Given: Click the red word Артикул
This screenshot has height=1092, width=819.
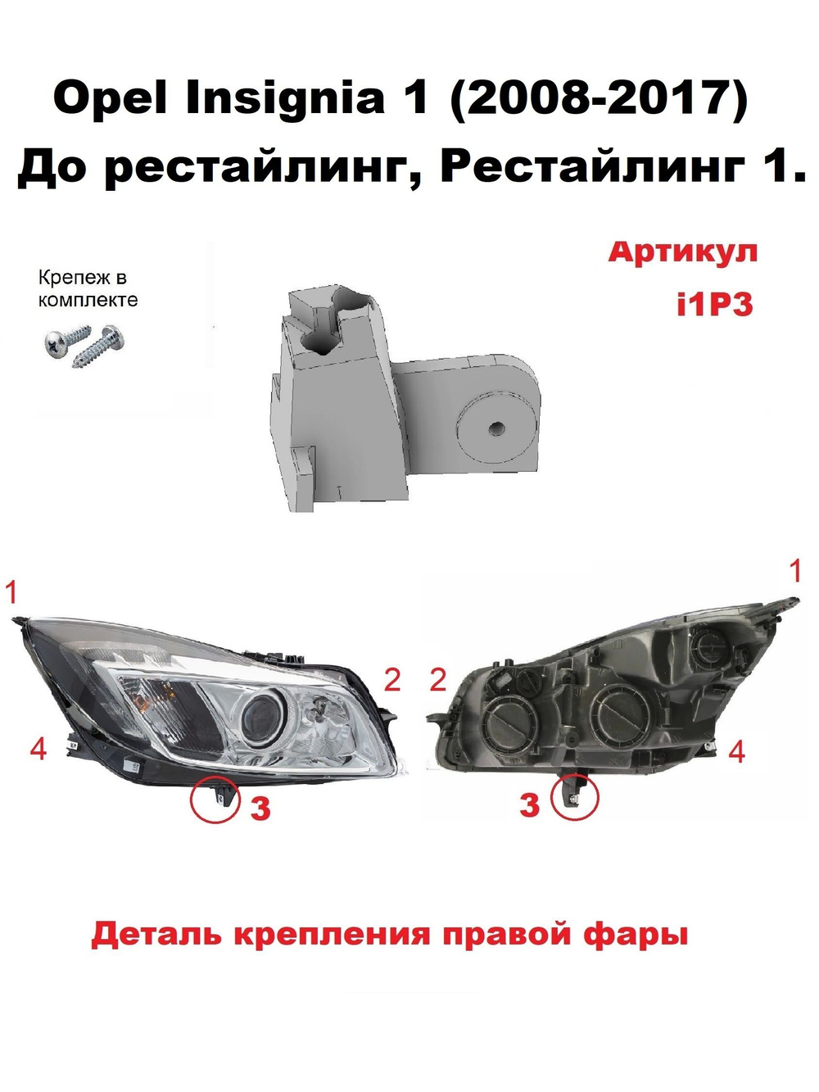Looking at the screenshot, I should coord(682,251).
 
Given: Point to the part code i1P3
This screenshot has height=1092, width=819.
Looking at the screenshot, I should coord(713,305).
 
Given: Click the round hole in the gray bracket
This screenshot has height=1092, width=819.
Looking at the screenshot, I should coord(495,428).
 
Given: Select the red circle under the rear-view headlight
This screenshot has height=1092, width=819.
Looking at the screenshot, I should coord(575,795).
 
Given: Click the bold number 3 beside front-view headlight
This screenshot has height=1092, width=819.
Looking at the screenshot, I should coord(260,809).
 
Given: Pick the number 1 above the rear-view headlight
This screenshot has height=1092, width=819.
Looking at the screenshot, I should coord(794,571).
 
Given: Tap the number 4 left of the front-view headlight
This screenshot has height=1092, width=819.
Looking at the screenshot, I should coord(38,748).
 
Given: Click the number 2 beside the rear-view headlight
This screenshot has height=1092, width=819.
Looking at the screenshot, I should coord(438,679).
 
